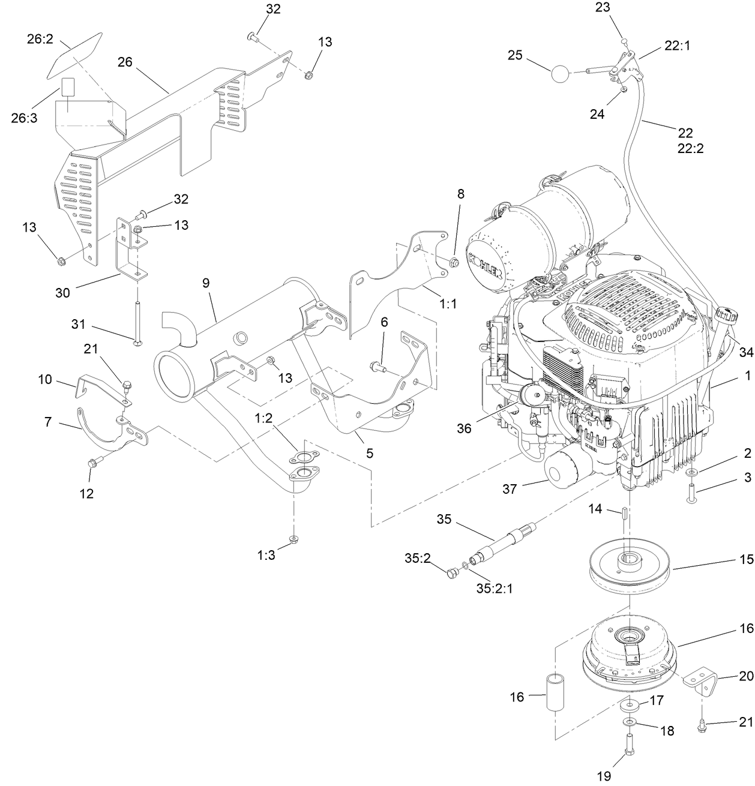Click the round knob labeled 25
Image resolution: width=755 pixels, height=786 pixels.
559,74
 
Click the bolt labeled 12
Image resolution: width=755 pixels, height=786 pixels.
94,463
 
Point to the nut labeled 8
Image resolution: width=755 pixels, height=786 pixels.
454,262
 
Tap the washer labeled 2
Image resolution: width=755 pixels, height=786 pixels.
692,474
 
